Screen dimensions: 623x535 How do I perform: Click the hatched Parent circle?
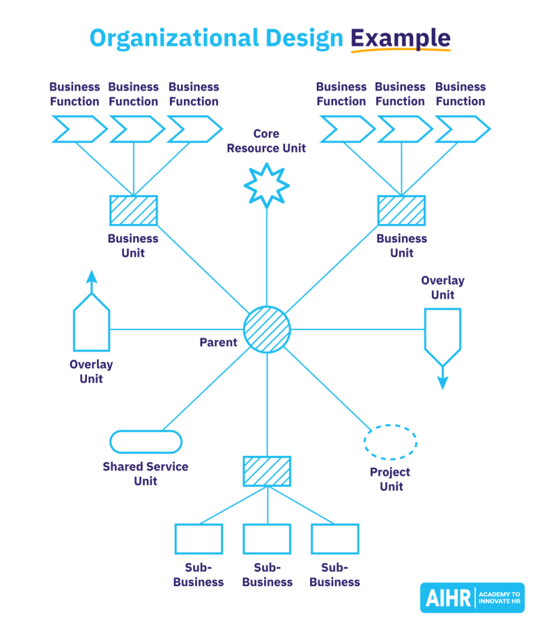click(x=267, y=329)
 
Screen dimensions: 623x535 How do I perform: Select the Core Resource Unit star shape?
click(x=267, y=184)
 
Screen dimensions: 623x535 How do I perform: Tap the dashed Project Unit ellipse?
click(x=391, y=442)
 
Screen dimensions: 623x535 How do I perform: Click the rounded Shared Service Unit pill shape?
click(x=146, y=441)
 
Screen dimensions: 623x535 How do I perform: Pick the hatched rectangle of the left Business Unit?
click(x=133, y=210)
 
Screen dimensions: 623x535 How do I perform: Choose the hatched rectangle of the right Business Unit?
click(x=401, y=210)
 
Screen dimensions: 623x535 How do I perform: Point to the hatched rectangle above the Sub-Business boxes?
click(x=267, y=471)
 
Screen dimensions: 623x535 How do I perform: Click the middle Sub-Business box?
click(x=267, y=539)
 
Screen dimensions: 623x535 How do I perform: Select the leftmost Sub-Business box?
click(x=199, y=539)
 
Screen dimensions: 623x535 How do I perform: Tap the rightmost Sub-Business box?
click(x=335, y=539)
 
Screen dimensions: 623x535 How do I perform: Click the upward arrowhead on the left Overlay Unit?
click(x=91, y=276)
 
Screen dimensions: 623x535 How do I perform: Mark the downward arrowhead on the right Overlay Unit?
click(x=442, y=382)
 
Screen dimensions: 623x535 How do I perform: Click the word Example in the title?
click(x=400, y=38)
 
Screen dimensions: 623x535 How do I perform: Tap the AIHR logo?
click(x=472, y=597)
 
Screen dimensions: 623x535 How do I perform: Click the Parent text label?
click(x=218, y=342)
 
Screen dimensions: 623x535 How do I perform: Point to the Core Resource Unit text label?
click(x=266, y=141)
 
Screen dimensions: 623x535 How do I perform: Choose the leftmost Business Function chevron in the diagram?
click(x=79, y=129)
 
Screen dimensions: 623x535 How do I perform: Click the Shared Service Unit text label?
click(x=146, y=473)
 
